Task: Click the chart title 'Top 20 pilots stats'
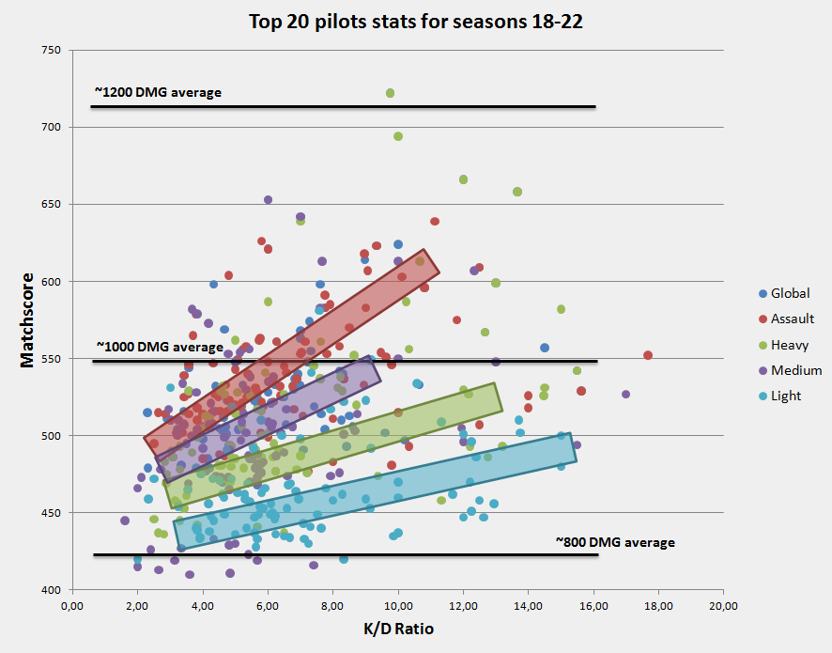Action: tap(415, 22)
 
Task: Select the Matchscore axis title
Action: tap(27, 320)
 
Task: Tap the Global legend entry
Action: tap(790, 294)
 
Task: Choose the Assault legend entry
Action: tap(792, 319)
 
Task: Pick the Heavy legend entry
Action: tap(789, 345)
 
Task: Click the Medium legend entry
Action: tap(795, 370)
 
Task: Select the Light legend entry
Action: tap(786, 396)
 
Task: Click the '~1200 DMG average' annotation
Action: tap(158, 92)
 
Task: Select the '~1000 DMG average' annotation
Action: tap(159, 347)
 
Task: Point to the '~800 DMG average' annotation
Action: tap(615, 542)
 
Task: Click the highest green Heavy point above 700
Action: tap(390, 93)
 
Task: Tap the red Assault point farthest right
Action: tap(648, 355)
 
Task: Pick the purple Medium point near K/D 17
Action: tap(625, 394)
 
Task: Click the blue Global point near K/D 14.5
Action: tap(545, 348)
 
